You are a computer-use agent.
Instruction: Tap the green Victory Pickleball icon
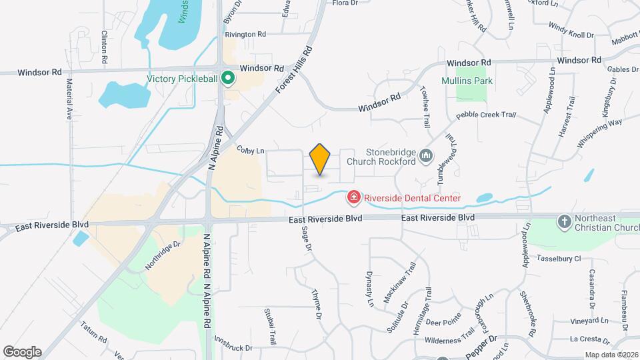(227, 79)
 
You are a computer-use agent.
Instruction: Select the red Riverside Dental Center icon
(353, 197)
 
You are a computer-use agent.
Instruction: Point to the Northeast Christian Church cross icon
(564, 221)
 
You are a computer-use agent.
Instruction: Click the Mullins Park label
(466, 81)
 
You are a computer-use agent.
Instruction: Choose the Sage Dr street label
(307, 239)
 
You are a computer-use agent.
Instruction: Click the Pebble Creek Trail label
(486, 116)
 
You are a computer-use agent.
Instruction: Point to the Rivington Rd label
(245, 34)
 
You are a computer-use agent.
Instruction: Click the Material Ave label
(69, 99)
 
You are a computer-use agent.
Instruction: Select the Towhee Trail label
(424, 107)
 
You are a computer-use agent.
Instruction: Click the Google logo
(22, 352)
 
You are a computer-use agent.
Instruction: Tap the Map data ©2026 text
(611, 355)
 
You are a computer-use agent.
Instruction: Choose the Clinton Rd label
(105, 47)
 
